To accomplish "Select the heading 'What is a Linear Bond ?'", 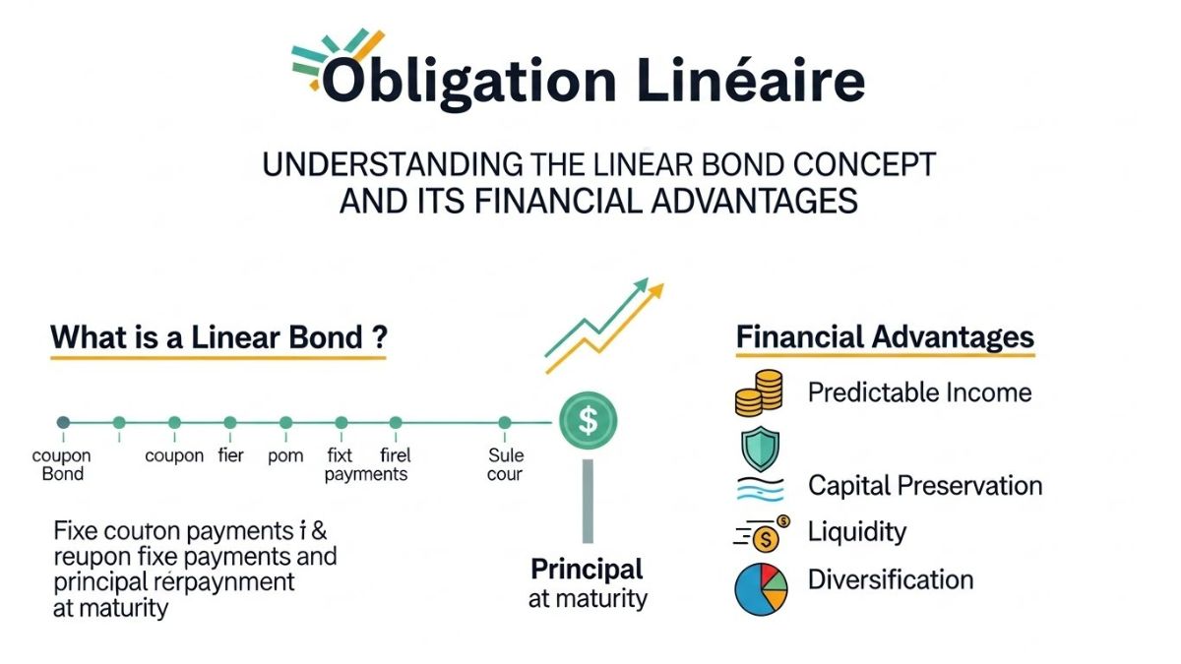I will (x=218, y=337).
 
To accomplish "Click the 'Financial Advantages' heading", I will (x=885, y=337).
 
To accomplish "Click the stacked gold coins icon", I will (x=759, y=392).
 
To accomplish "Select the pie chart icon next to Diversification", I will (x=761, y=587).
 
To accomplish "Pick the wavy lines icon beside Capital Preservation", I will (x=759, y=487).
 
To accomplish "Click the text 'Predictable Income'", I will (x=919, y=392).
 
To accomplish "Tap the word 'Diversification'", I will (x=890, y=579).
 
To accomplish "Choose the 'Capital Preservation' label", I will (x=924, y=485).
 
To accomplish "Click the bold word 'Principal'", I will (x=587, y=569).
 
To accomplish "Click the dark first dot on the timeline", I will (x=64, y=423).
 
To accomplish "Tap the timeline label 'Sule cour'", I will (x=505, y=464).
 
